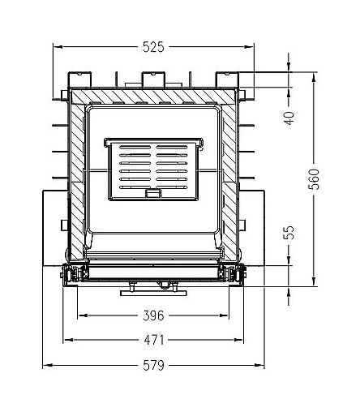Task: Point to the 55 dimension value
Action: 289,233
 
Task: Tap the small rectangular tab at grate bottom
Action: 152,194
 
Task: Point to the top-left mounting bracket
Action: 81,79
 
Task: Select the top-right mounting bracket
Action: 226,79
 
